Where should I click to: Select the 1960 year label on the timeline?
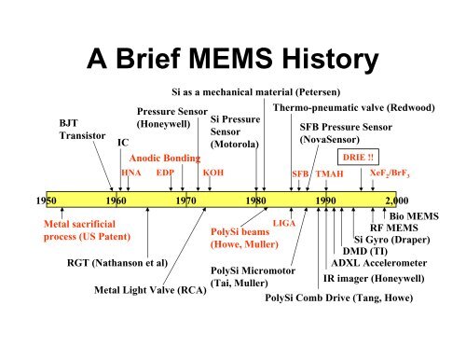point(116,200)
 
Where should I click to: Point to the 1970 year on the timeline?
point(185,200)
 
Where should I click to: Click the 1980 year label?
point(255,200)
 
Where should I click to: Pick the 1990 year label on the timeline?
point(325,200)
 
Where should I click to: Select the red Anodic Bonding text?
point(165,158)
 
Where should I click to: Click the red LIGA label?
point(284,220)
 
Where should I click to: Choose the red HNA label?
point(131,173)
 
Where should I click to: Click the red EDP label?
point(165,173)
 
